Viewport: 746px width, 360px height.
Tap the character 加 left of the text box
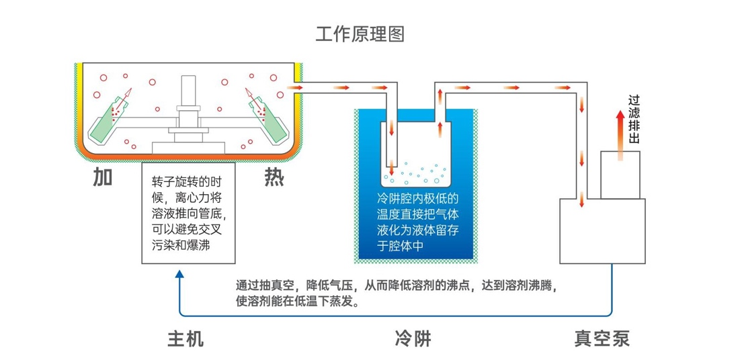pos(102,177)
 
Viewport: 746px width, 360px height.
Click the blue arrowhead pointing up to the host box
pos(179,273)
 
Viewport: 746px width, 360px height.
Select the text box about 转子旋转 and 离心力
pos(188,213)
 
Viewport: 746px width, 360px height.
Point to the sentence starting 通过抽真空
pos(397,291)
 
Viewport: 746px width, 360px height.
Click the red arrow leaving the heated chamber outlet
pos(296,87)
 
